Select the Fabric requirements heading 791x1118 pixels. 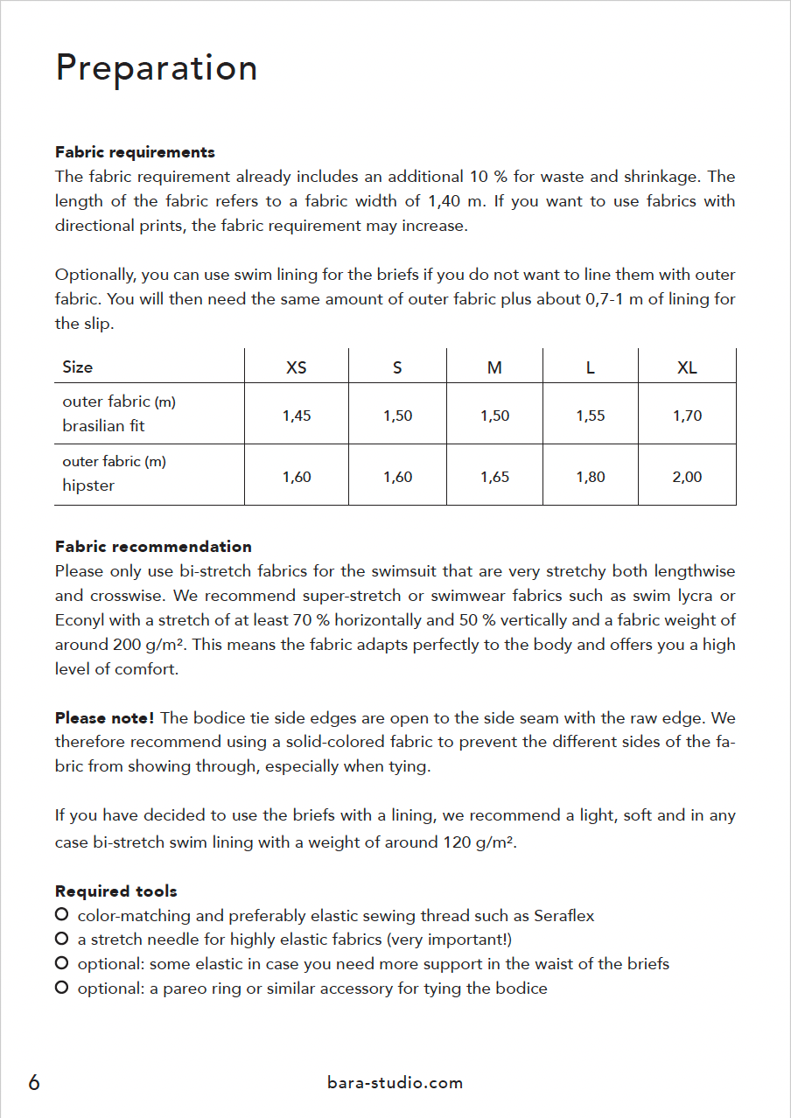tap(135, 152)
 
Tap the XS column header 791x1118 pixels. tap(297, 367)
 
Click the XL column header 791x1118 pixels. tap(687, 367)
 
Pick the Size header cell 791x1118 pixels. tap(78, 367)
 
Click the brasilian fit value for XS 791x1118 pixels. tap(297, 416)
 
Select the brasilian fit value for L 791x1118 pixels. tap(591, 416)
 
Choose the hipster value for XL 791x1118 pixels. tap(687, 477)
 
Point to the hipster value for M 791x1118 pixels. tap(494, 477)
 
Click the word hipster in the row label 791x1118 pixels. tap(88, 486)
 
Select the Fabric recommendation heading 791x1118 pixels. tap(153, 547)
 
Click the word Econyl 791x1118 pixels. tap(81, 620)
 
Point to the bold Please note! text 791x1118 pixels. tap(105, 718)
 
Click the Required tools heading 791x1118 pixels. tap(116, 891)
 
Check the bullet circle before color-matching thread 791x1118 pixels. tap(62, 915)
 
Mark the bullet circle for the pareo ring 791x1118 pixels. tap(62, 988)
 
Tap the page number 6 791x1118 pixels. tap(34, 1083)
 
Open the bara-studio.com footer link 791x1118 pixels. tap(395, 1083)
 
